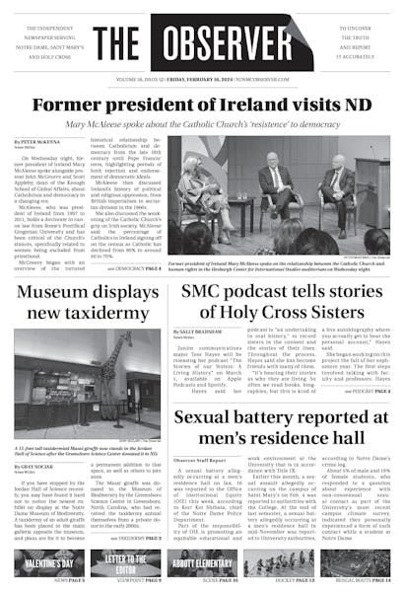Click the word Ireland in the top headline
coord(237,105)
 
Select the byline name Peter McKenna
coord(37,143)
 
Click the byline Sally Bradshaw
coord(200,332)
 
